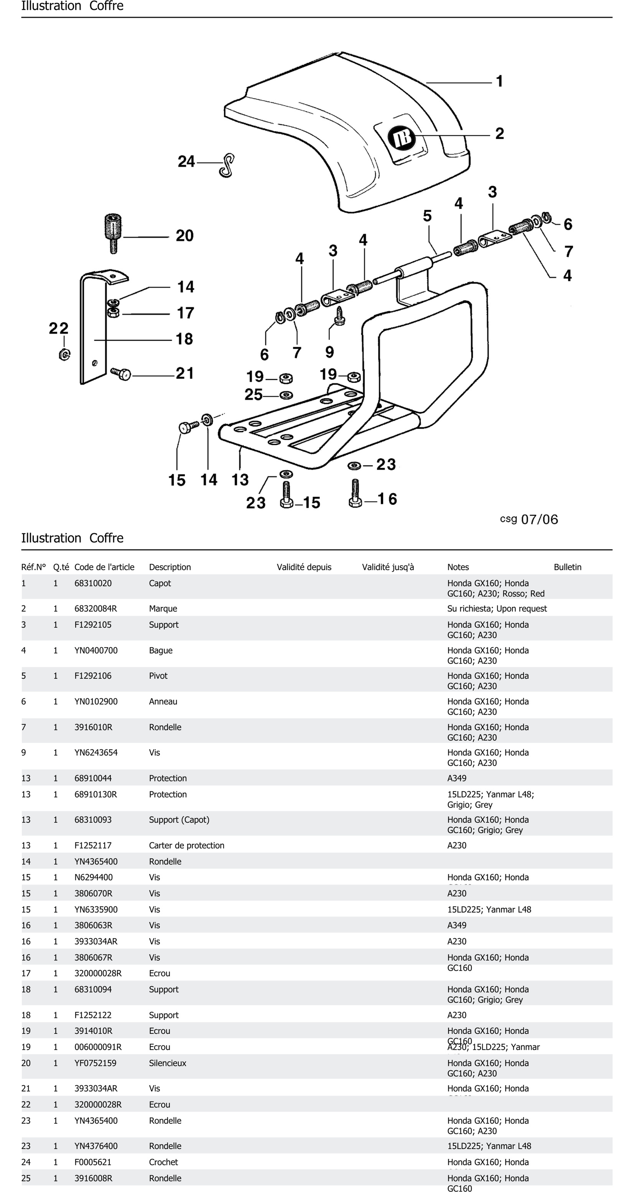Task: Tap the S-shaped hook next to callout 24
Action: [x=227, y=165]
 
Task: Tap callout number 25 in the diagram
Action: [x=253, y=395]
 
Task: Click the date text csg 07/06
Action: [x=529, y=519]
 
